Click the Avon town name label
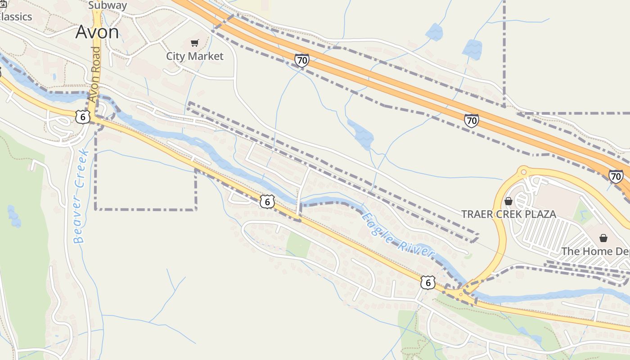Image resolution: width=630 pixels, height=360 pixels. click(97, 32)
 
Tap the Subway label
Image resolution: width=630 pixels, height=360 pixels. click(108, 5)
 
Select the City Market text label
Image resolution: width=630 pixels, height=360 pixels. click(194, 56)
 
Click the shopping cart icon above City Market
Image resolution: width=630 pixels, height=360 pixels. click(194, 43)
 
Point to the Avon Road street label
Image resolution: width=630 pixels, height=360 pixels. click(94, 74)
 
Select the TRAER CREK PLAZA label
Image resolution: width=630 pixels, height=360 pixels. click(508, 214)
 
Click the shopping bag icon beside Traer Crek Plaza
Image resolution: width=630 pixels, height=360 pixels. click(508, 201)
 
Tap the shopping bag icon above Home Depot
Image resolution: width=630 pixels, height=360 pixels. click(603, 238)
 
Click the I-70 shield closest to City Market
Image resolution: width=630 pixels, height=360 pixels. click(302, 60)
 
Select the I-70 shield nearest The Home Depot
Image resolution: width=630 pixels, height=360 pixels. click(616, 176)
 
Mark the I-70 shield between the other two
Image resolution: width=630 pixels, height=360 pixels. click(471, 120)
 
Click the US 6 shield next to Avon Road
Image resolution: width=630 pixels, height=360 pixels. click(82, 117)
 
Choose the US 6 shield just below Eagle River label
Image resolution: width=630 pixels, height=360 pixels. click(427, 283)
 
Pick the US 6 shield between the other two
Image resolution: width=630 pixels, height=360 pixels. click(267, 202)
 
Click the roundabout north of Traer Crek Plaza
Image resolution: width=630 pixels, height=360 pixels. click(523, 171)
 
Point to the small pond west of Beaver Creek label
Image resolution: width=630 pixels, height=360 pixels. click(14, 216)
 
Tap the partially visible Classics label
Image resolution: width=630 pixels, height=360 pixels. click(16, 17)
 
